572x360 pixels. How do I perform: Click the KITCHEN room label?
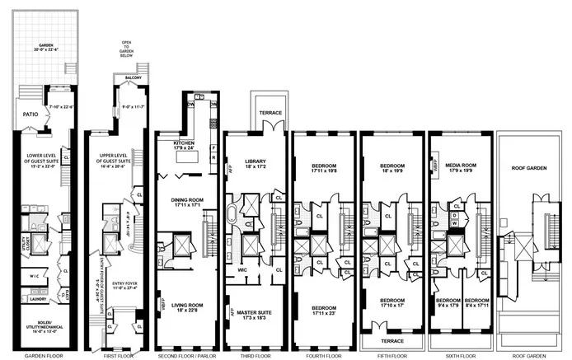coord(186,143)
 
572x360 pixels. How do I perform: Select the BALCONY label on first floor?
coord(133,78)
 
